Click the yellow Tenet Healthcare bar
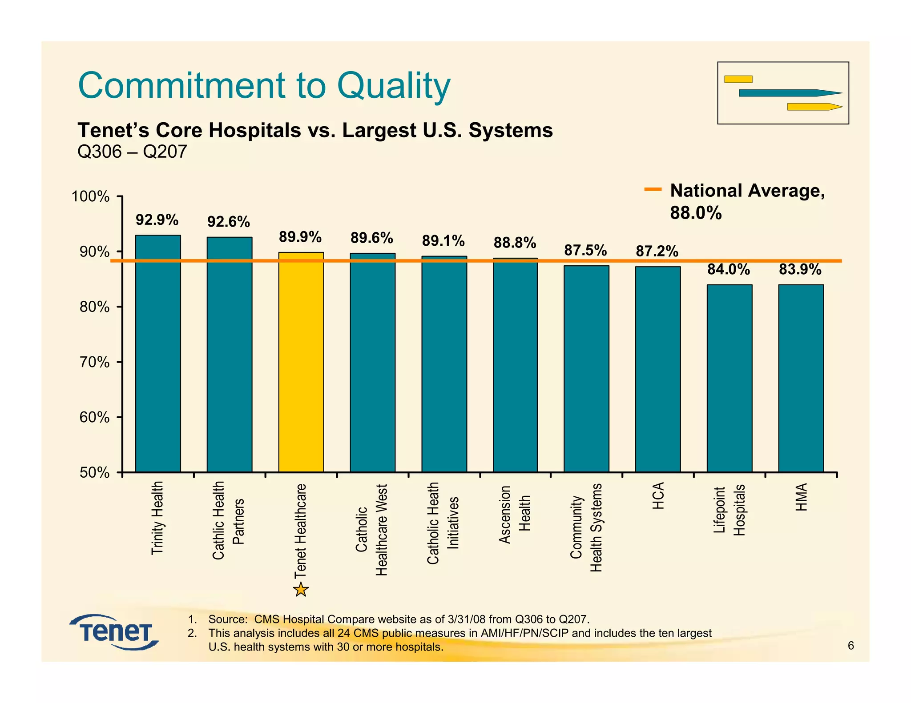click(x=301, y=362)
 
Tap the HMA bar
click(x=801, y=378)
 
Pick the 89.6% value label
click(x=372, y=238)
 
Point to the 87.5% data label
click(x=585, y=250)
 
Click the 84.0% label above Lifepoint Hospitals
click(x=729, y=269)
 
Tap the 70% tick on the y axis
click(x=95, y=362)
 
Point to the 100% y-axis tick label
click(x=91, y=196)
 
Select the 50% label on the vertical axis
click(x=95, y=472)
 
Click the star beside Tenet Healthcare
click(x=301, y=590)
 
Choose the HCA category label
click(x=658, y=495)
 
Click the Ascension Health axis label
click(x=515, y=515)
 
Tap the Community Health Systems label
click(x=586, y=527)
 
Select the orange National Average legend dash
click(x=653, y=190)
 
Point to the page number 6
click(x=851, y=646)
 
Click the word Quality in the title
click(x=394, y=85)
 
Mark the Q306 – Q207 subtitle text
click(x=132, y=152)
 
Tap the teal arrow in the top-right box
click(x=790, y=93)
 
